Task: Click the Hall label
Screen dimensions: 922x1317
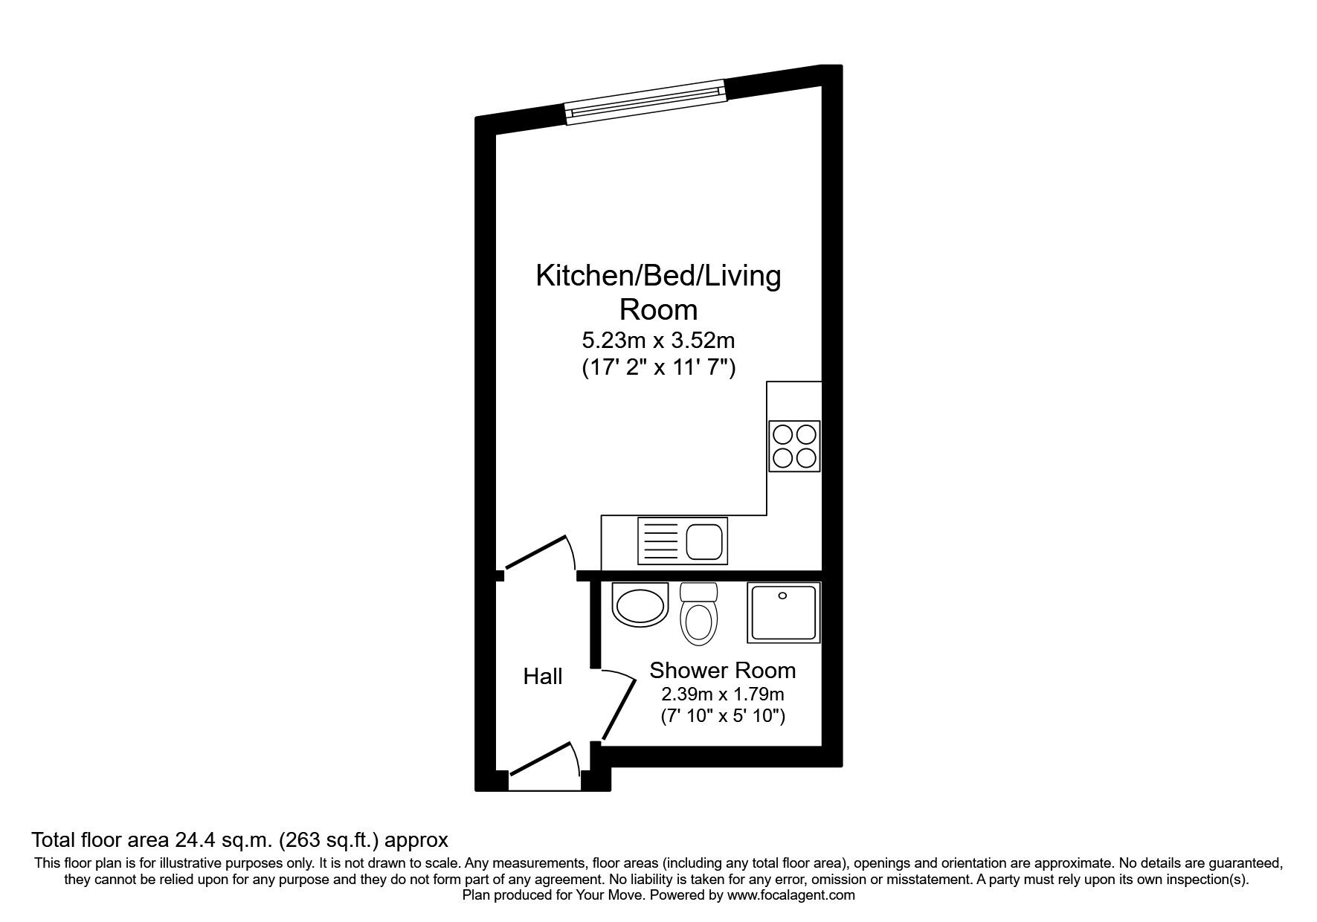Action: [543, 677]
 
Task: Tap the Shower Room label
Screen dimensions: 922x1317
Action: [723, 670]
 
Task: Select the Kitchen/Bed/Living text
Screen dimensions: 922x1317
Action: [658, 276]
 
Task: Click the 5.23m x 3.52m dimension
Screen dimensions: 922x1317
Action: [658, 341]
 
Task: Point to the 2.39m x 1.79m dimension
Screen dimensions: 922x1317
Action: [723, 695]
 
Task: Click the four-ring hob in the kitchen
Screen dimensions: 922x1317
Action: [794, 445]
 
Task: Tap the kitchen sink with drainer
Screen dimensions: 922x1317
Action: [682, 540]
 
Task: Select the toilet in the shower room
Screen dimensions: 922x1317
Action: [698, 616]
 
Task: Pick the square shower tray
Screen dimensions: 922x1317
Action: [783, 613]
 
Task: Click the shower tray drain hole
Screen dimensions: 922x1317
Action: [782, 596]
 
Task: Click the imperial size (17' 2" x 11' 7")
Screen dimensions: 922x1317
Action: [658, 368]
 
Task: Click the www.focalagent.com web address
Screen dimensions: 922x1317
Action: [791, 895]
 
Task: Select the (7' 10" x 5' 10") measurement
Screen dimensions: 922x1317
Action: [723, 718]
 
